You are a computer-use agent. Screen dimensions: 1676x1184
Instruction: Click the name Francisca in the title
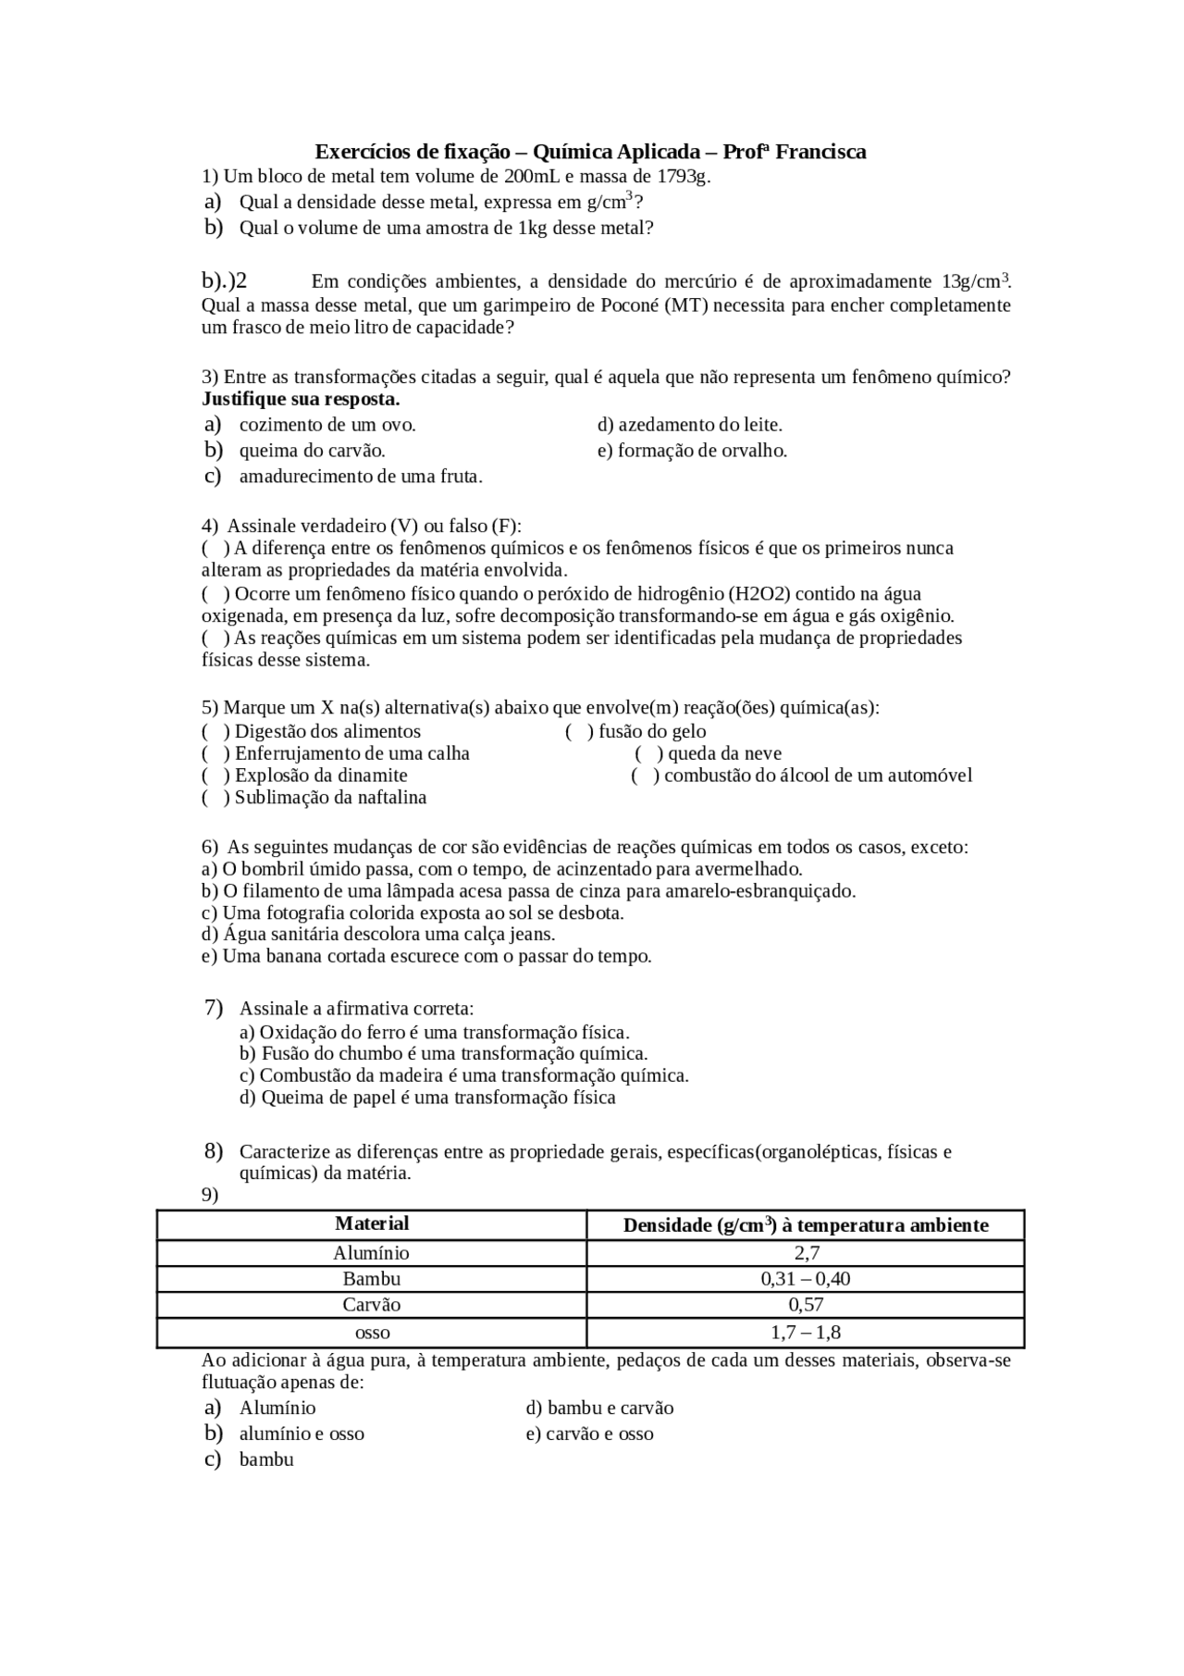coord(820,152)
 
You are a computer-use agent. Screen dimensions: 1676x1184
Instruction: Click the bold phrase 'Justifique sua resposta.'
coord(301,400)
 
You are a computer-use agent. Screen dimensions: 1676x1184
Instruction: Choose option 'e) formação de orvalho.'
coord(692,451)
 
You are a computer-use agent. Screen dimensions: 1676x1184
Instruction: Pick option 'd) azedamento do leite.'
coord(690,425)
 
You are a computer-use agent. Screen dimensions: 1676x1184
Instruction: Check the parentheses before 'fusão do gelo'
coord(579,732)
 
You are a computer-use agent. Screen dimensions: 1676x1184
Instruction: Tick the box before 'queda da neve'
coord(649,754)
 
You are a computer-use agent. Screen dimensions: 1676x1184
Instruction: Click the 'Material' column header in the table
coord(372,1224)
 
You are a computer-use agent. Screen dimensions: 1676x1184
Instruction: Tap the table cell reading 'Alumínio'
coord(372,1253)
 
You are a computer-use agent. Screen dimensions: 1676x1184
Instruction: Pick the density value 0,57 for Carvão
coord(806,1305)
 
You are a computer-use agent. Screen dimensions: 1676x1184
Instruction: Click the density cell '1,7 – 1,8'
coord(806,1333)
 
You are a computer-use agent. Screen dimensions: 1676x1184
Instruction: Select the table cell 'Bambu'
coord(372,1279)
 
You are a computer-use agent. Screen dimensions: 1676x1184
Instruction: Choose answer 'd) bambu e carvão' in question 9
coord(599,1408)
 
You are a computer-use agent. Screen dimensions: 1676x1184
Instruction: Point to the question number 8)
coord(214,1151)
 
